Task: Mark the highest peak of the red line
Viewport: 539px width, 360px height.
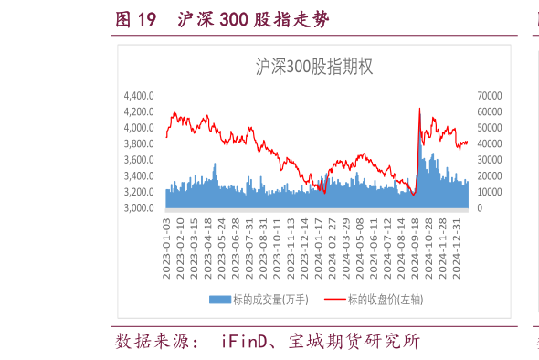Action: (419, 108)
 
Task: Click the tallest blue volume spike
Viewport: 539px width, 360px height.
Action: (419, 137)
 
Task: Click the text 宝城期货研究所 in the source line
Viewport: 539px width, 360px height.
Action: (354, 342)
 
